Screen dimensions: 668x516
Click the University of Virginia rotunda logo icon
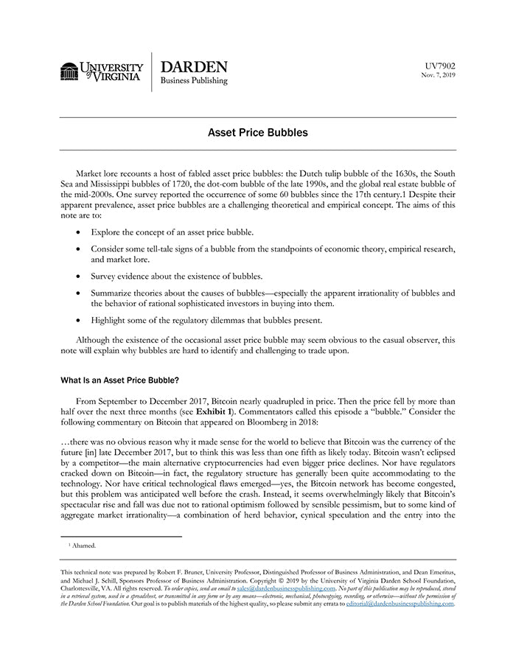coord(69,72)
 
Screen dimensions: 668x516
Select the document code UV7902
coord(441,66)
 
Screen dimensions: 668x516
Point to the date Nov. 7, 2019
coord(439,75)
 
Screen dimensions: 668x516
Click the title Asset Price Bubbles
coord(257,133)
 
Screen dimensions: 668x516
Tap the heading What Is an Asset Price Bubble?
coord(119,380)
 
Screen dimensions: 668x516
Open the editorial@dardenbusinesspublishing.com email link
coord(400,603)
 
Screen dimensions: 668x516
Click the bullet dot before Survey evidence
coord(80,276)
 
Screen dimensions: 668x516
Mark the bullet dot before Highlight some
coord(80,321)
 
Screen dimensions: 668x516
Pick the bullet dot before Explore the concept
coord(80,232)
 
